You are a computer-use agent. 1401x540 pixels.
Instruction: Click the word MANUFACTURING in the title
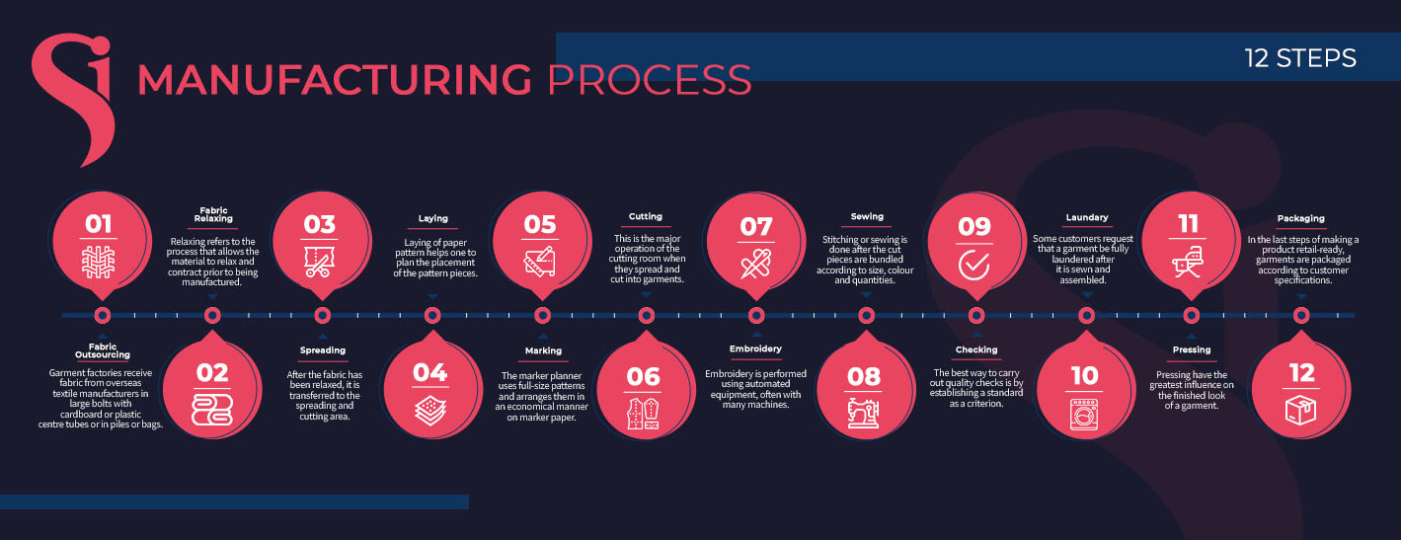(335, 79)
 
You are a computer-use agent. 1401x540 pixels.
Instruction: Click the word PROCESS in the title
(650, 79)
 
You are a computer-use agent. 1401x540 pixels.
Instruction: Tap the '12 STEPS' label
(1300, 58)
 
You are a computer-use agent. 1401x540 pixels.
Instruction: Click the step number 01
(98, 224)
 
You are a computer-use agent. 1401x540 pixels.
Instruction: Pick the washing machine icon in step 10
(1084, 414)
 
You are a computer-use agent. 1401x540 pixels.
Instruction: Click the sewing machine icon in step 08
(864, 413)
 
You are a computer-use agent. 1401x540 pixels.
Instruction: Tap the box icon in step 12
(1301, 411)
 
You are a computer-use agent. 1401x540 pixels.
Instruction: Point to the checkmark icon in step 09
(973, 266)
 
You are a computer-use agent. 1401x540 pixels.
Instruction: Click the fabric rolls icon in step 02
(212, 410)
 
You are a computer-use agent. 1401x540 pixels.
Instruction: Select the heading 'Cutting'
(646, 216)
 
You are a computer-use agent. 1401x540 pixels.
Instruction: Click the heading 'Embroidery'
(755, 348)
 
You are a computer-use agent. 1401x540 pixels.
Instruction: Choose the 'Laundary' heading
(1087, 217)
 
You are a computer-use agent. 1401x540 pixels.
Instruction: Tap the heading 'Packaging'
(1301, 218)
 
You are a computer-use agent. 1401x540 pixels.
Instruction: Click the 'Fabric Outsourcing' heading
(103, 350)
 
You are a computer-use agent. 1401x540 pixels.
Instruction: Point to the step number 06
(643, 377)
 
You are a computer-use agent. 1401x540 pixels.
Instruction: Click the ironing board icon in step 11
(1187, 263)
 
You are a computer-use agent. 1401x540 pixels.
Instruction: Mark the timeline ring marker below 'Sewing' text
(866, 315)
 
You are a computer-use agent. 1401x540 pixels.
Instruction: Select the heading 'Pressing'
(1192, 349)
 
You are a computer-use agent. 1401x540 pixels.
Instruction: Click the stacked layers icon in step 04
(430, 411)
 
